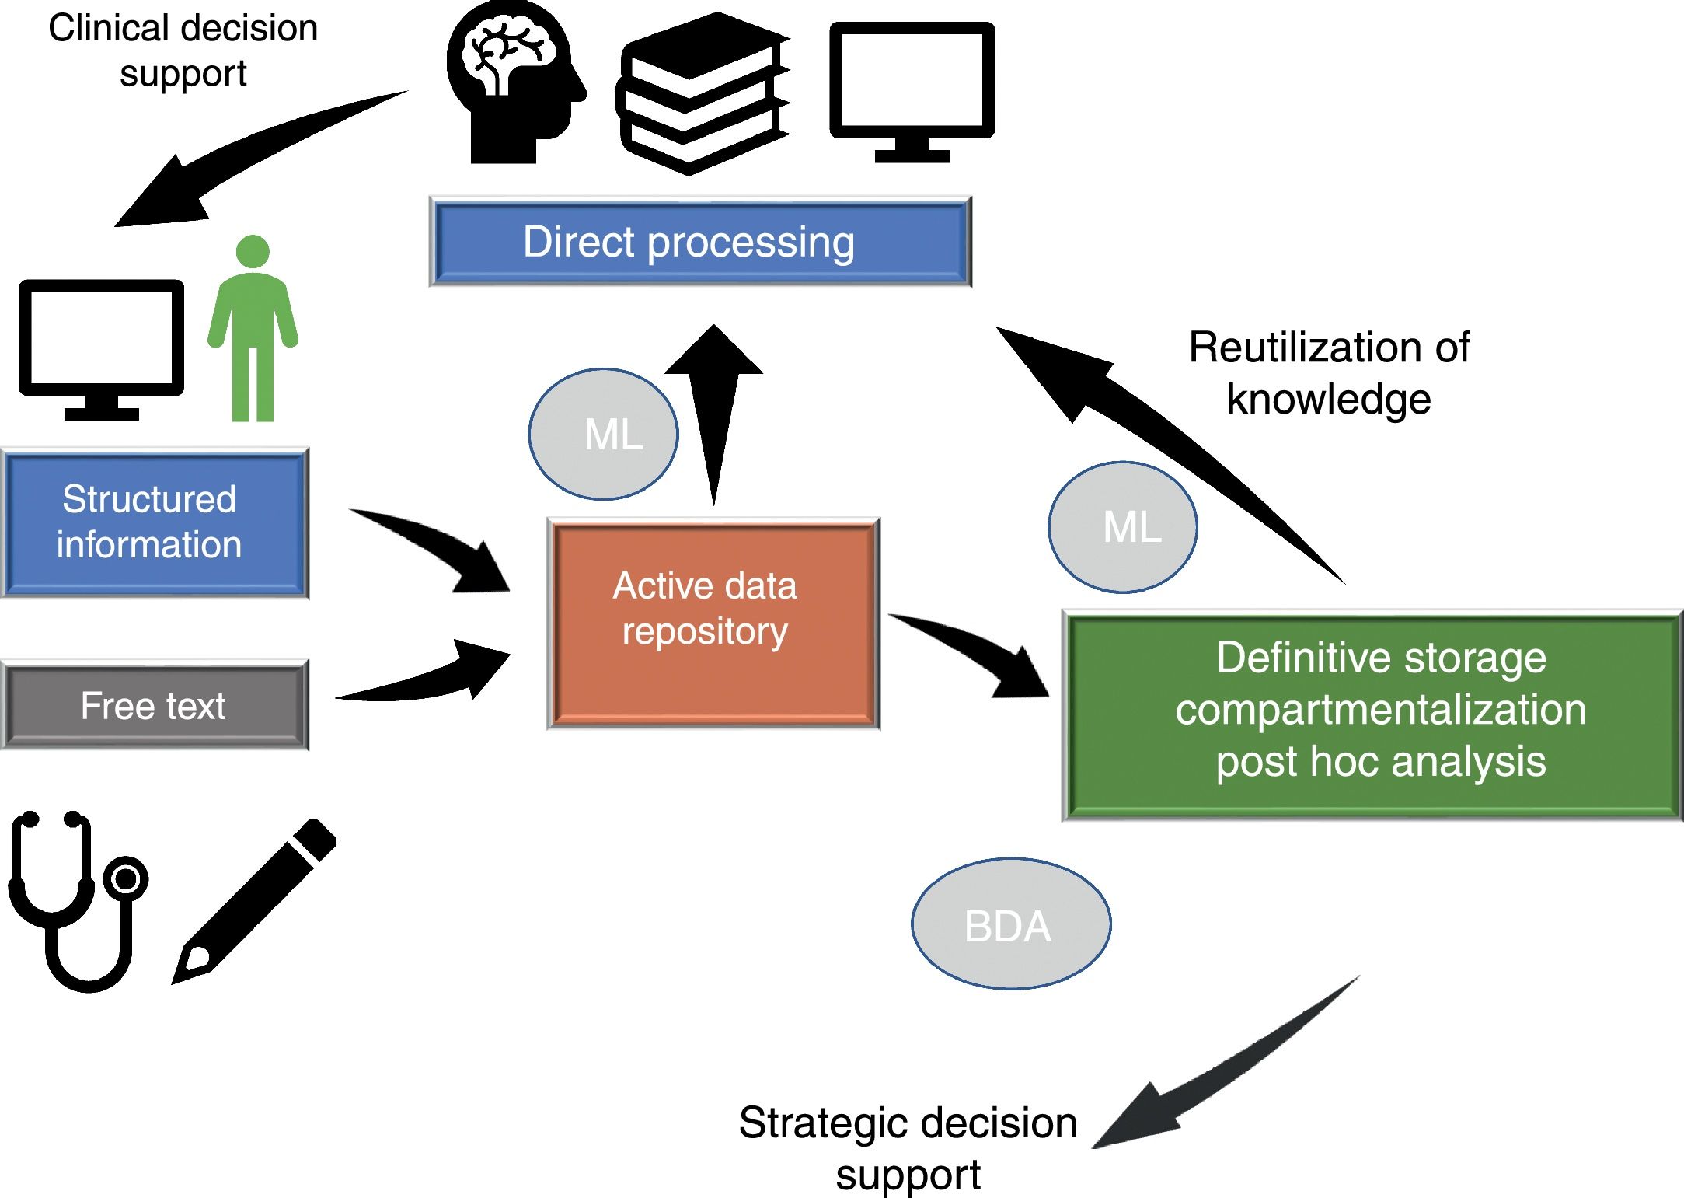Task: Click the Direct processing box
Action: [699, 242]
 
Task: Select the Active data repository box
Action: [713, 623]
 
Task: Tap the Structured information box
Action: [155, 522]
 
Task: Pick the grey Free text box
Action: [155, 705]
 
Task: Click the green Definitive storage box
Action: [1372, 714]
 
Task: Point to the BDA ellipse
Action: [1010, 924]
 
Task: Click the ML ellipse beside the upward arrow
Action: [603, 434]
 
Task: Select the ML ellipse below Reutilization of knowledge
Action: [1122, 527]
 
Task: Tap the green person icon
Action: [253, 330]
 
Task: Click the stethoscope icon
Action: [78, 902]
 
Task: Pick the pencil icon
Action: [253, 902]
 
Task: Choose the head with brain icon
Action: [513, 82]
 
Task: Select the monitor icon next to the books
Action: [912, 89]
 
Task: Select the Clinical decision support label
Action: [183, 51]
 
